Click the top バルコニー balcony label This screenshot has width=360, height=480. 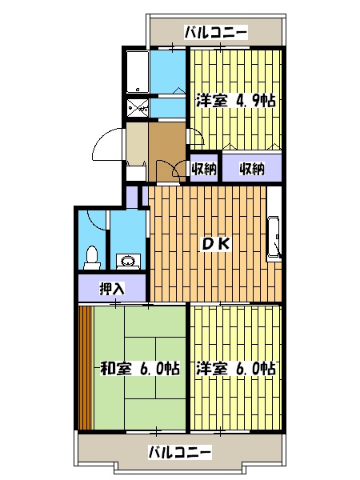pos(215,33)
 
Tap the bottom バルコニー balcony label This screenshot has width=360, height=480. pos(181,451)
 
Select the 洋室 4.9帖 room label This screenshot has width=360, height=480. pos(235,102)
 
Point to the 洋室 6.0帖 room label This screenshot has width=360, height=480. pos(235,369)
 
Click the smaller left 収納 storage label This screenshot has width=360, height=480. pos(204,169)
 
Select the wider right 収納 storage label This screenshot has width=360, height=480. pos(251,169)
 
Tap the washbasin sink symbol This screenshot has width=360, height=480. pos(126,258)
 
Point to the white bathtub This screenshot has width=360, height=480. pos(137,71)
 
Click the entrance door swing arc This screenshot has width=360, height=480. pos(106,146)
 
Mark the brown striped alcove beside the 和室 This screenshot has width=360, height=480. pos(85,366)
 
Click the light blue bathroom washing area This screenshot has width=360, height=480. pos(167,72)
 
